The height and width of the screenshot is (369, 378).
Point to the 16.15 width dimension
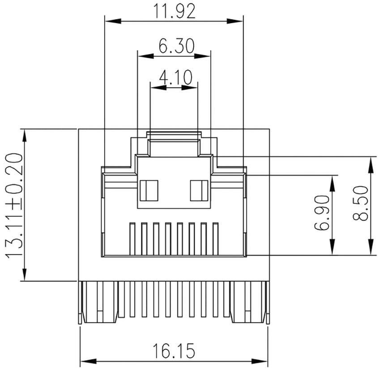point(174,351)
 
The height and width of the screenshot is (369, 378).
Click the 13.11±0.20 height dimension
point(14,205)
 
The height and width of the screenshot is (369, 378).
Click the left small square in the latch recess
point(149,191)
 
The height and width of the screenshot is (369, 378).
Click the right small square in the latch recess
point(199,191)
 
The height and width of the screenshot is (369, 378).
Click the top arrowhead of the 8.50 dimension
point(371,164)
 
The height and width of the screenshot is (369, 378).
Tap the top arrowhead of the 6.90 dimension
point(332,182)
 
